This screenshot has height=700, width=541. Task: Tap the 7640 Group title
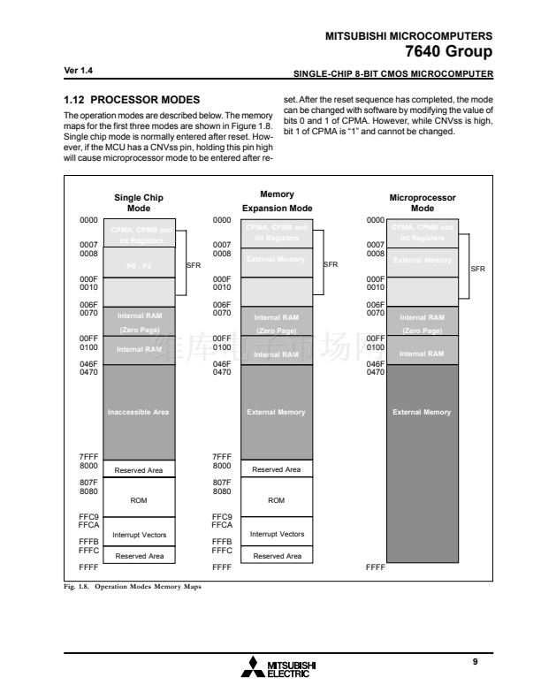pos(448,51)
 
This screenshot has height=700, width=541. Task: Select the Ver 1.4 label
pos(79,70)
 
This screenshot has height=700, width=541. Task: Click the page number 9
pos(475,662)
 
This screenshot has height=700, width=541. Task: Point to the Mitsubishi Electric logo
pos(278,667)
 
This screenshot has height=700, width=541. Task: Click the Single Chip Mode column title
pos(139,203)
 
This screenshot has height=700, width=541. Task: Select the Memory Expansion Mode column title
pos(277,201)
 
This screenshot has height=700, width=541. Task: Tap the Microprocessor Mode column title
pos(423,203)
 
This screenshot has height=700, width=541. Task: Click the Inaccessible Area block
pos(139,412)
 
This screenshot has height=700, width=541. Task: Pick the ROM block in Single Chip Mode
pos(139,500)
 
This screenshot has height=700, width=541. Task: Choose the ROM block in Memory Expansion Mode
pos(277,500)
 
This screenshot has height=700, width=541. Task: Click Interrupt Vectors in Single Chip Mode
pos(139,535)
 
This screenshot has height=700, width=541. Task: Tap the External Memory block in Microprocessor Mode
pos(423,412)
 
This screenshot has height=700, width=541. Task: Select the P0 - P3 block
pos(139,262)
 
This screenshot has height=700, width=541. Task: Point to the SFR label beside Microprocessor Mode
pos(477,270)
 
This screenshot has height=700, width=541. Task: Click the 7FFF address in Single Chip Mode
pos(88,456)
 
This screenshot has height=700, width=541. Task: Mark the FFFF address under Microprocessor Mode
pos(376,567)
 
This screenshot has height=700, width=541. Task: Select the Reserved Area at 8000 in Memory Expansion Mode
pos(277,469)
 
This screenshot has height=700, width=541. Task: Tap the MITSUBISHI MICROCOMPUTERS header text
pos(409,35)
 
